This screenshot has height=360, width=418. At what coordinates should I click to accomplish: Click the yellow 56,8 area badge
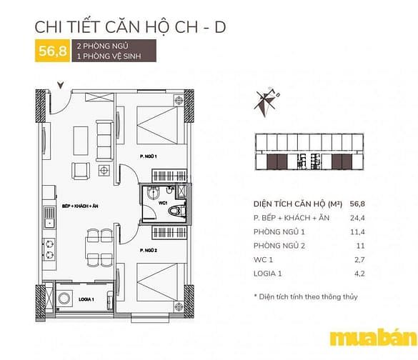52,51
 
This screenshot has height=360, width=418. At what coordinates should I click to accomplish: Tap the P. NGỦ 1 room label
148,156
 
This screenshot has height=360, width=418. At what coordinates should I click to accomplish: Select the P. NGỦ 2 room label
148,251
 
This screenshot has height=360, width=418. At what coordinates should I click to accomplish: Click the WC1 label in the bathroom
163,203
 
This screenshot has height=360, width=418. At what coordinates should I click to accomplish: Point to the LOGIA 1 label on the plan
86,299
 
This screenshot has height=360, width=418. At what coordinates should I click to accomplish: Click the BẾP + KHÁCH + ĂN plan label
80,206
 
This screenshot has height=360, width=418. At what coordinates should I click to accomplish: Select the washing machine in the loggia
64,298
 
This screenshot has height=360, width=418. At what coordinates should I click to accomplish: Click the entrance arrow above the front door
61,85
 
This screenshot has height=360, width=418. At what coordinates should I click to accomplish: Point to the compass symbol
266,102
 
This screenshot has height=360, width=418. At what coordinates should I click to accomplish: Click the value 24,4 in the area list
357,218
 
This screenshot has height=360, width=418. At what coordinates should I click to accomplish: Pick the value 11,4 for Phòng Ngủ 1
357,232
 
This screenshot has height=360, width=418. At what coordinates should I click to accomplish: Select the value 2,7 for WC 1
359,259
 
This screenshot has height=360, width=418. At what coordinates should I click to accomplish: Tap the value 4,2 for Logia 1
359,274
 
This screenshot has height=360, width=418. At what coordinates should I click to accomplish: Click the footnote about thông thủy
306,296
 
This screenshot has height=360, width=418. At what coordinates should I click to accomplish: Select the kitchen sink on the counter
49,217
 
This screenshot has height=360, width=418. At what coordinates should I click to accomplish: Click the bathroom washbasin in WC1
154,193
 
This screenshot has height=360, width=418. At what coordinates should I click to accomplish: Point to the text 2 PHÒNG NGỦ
103,46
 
